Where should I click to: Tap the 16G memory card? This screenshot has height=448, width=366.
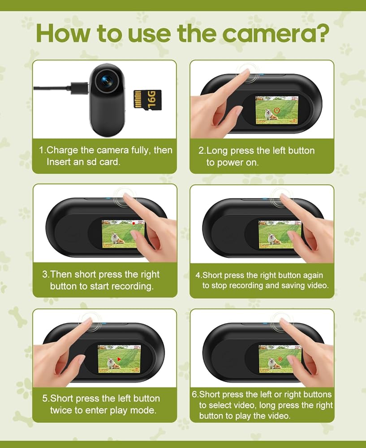tap(147, 100)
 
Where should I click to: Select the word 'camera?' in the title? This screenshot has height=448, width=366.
tap(276, 34)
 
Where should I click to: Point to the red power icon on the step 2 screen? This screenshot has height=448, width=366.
tap(277, 110)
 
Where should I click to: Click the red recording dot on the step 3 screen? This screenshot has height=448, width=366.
tap(133, 223)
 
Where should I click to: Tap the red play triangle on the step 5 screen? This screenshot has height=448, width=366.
tap(119, 359)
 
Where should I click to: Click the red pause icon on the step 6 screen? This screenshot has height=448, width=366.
tap(280, 359)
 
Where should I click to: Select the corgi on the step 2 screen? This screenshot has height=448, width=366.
tap(271, 114)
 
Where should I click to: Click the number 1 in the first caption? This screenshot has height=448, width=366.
tap(41, 150)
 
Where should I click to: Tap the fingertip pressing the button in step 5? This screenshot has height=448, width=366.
tap(88, 321)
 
